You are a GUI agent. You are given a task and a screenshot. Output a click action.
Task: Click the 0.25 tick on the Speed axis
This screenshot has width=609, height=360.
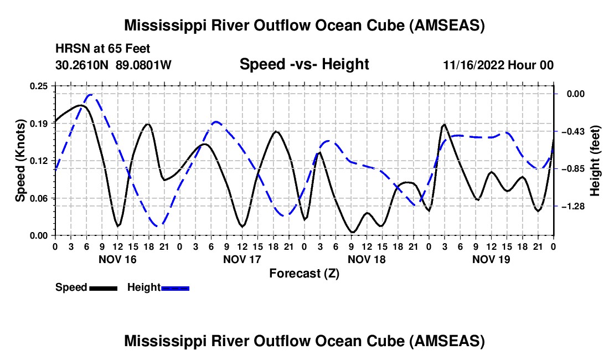(38, 86)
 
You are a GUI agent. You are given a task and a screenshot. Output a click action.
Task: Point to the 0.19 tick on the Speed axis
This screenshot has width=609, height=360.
(38, 124)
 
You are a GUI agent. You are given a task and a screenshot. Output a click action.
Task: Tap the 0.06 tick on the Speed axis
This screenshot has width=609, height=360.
(38, 198)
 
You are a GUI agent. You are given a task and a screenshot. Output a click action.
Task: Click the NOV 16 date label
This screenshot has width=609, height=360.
(118, 259)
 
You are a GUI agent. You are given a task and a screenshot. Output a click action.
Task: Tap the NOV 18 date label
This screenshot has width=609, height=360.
(367, 259)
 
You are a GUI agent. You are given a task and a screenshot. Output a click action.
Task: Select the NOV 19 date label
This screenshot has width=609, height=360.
(491, 259)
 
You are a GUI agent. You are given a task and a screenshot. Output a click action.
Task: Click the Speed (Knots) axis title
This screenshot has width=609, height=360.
(20, 161)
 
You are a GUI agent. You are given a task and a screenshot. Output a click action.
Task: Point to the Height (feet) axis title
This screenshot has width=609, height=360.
(595, 161)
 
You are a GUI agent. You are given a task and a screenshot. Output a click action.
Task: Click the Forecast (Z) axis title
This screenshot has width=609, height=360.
(304, 274)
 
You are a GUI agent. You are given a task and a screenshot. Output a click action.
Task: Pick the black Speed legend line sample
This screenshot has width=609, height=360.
(104, 288)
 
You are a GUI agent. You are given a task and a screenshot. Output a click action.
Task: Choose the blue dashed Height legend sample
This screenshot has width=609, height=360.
(175, 288)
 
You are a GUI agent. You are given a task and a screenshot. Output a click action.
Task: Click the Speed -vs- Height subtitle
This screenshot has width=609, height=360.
(304, 64)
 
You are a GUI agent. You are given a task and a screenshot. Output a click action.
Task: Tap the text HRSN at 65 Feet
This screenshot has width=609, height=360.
(103, 49)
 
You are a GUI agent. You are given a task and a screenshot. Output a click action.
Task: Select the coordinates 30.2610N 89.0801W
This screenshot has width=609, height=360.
(113, 65)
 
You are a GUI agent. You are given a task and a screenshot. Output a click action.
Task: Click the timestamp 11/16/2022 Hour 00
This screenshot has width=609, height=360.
(498, 65)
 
